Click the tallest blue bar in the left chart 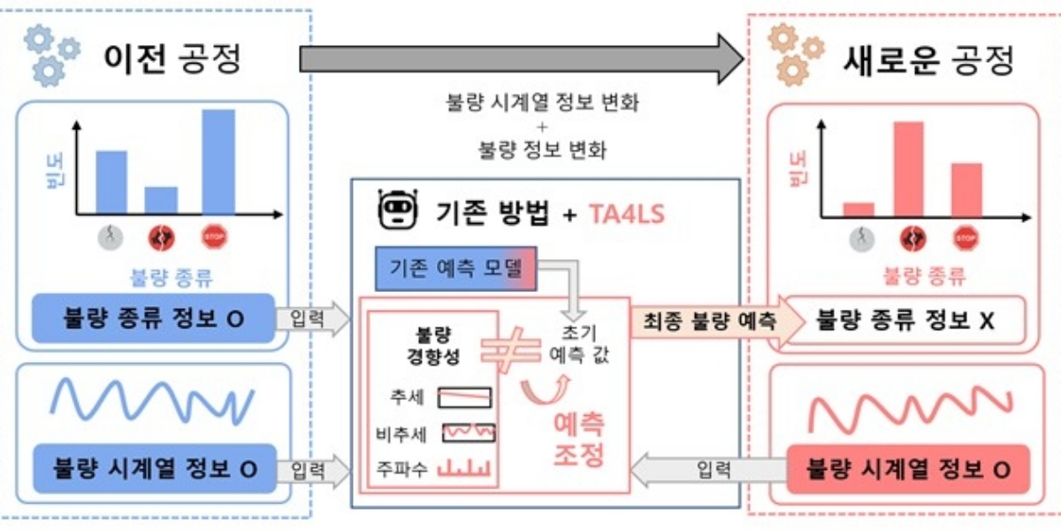218,161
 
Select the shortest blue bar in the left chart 161,199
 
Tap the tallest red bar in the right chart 908,169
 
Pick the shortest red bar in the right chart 858,209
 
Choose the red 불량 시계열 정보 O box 908,469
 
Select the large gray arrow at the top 522,58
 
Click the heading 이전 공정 173,59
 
